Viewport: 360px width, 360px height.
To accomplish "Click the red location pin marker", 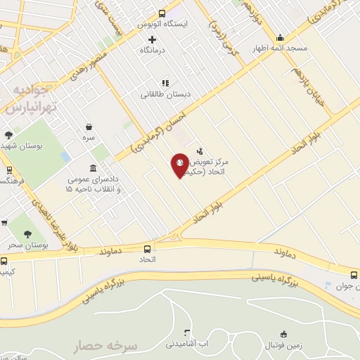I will click(x=180, y=165).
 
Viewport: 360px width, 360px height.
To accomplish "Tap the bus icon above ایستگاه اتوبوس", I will click(x=162, y=13).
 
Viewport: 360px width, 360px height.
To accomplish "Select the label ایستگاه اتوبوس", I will click(x=163, y=24).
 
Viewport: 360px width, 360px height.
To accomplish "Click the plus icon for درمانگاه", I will click(x=151, y=39).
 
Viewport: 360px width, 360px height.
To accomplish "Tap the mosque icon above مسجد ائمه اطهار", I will click(x=280, y=38).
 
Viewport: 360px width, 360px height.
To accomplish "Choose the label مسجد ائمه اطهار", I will click(x=280, y=49).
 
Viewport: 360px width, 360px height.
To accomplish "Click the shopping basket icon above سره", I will click(x=89, y=127).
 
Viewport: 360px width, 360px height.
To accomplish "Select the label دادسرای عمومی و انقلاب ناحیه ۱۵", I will click(x=93, y=184).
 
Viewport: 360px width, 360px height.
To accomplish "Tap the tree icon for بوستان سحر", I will click(x=28, y=234).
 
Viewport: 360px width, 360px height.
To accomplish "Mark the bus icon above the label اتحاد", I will click(x=147, y=249).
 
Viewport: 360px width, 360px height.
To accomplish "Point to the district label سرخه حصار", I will click(x=109, y=346).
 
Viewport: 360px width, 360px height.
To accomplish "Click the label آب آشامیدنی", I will click(x=186, y=344).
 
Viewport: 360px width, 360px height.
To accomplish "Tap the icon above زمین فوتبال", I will click(x=283, y=333).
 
